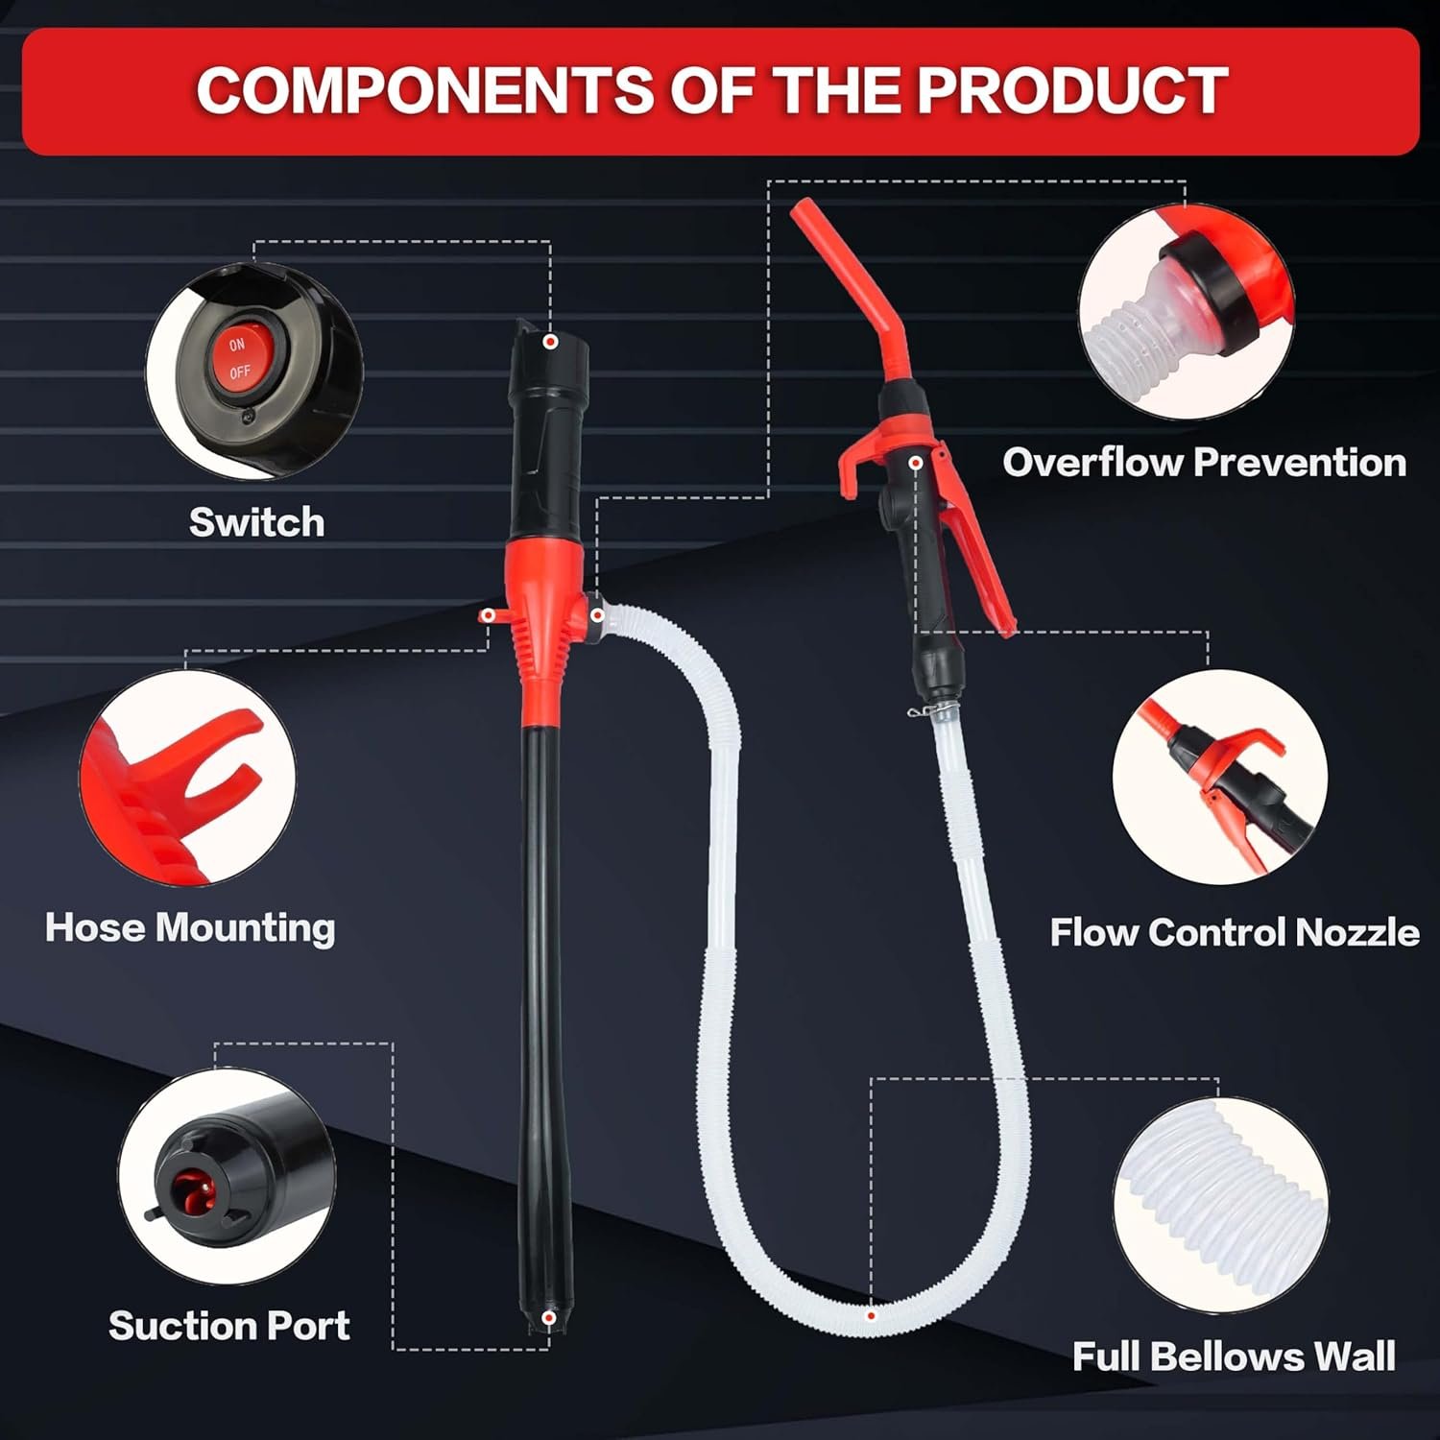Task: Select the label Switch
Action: coord(256,522)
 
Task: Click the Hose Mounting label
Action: coord(190,928)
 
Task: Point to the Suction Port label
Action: coord(228,1326)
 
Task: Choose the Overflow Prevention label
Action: coord(1205,463)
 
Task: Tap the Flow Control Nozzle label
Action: coord(1235,932)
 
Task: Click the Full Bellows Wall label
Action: coord(1234,1356)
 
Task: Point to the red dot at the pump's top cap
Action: coord(550,342)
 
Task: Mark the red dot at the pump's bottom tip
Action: coord(548,1318)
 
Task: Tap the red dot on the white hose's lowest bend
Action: coord(871,1316)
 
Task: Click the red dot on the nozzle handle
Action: coord(917,464)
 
